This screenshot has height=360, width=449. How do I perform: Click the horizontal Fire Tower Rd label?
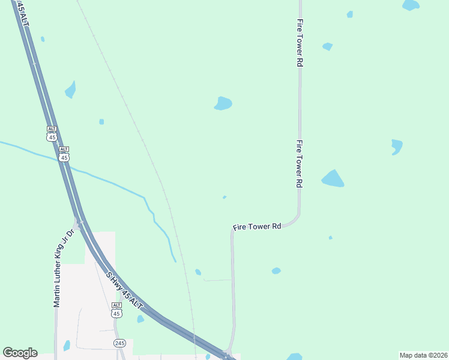tap(258, 227)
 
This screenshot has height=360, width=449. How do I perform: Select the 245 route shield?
tap(120, 343)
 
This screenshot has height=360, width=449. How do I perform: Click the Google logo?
tap(20, 353)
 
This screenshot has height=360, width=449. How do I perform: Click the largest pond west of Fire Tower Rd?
tap(223, 103)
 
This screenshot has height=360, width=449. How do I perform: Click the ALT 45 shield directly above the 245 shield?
tap(116, 310)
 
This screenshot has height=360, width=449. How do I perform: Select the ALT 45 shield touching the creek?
tap(64, 154)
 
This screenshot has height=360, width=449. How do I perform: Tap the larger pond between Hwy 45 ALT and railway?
tap(71, 90)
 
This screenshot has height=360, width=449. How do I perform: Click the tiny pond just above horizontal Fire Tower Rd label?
tap(224, 197)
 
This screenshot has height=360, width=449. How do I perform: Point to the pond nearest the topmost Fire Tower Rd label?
tap(327, 46)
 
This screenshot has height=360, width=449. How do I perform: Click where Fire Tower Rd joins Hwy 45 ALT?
tap(228, 353)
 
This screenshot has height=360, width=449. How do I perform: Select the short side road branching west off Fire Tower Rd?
tap(217, 280)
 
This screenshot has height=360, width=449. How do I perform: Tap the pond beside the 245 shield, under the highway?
tap(140, 319)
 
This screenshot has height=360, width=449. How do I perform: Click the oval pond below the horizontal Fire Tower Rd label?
tap(276, 271)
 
